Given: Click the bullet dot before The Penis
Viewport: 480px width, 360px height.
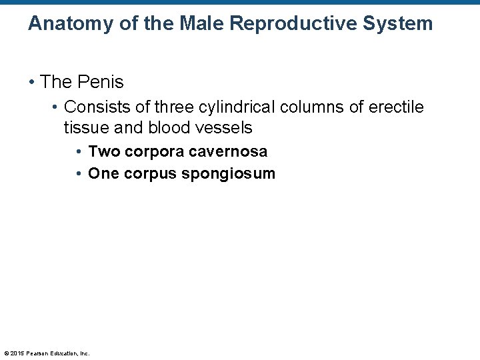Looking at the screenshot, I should click(x=31, y=83).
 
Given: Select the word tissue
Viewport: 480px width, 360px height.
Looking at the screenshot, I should click(x=84, y=127).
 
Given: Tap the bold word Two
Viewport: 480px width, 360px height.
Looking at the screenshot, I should click(x=102, y=151).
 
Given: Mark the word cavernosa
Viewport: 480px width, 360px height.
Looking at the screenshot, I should click(x=228, y=151).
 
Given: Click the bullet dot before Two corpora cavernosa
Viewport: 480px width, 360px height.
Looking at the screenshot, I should click(x=79, y=152).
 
